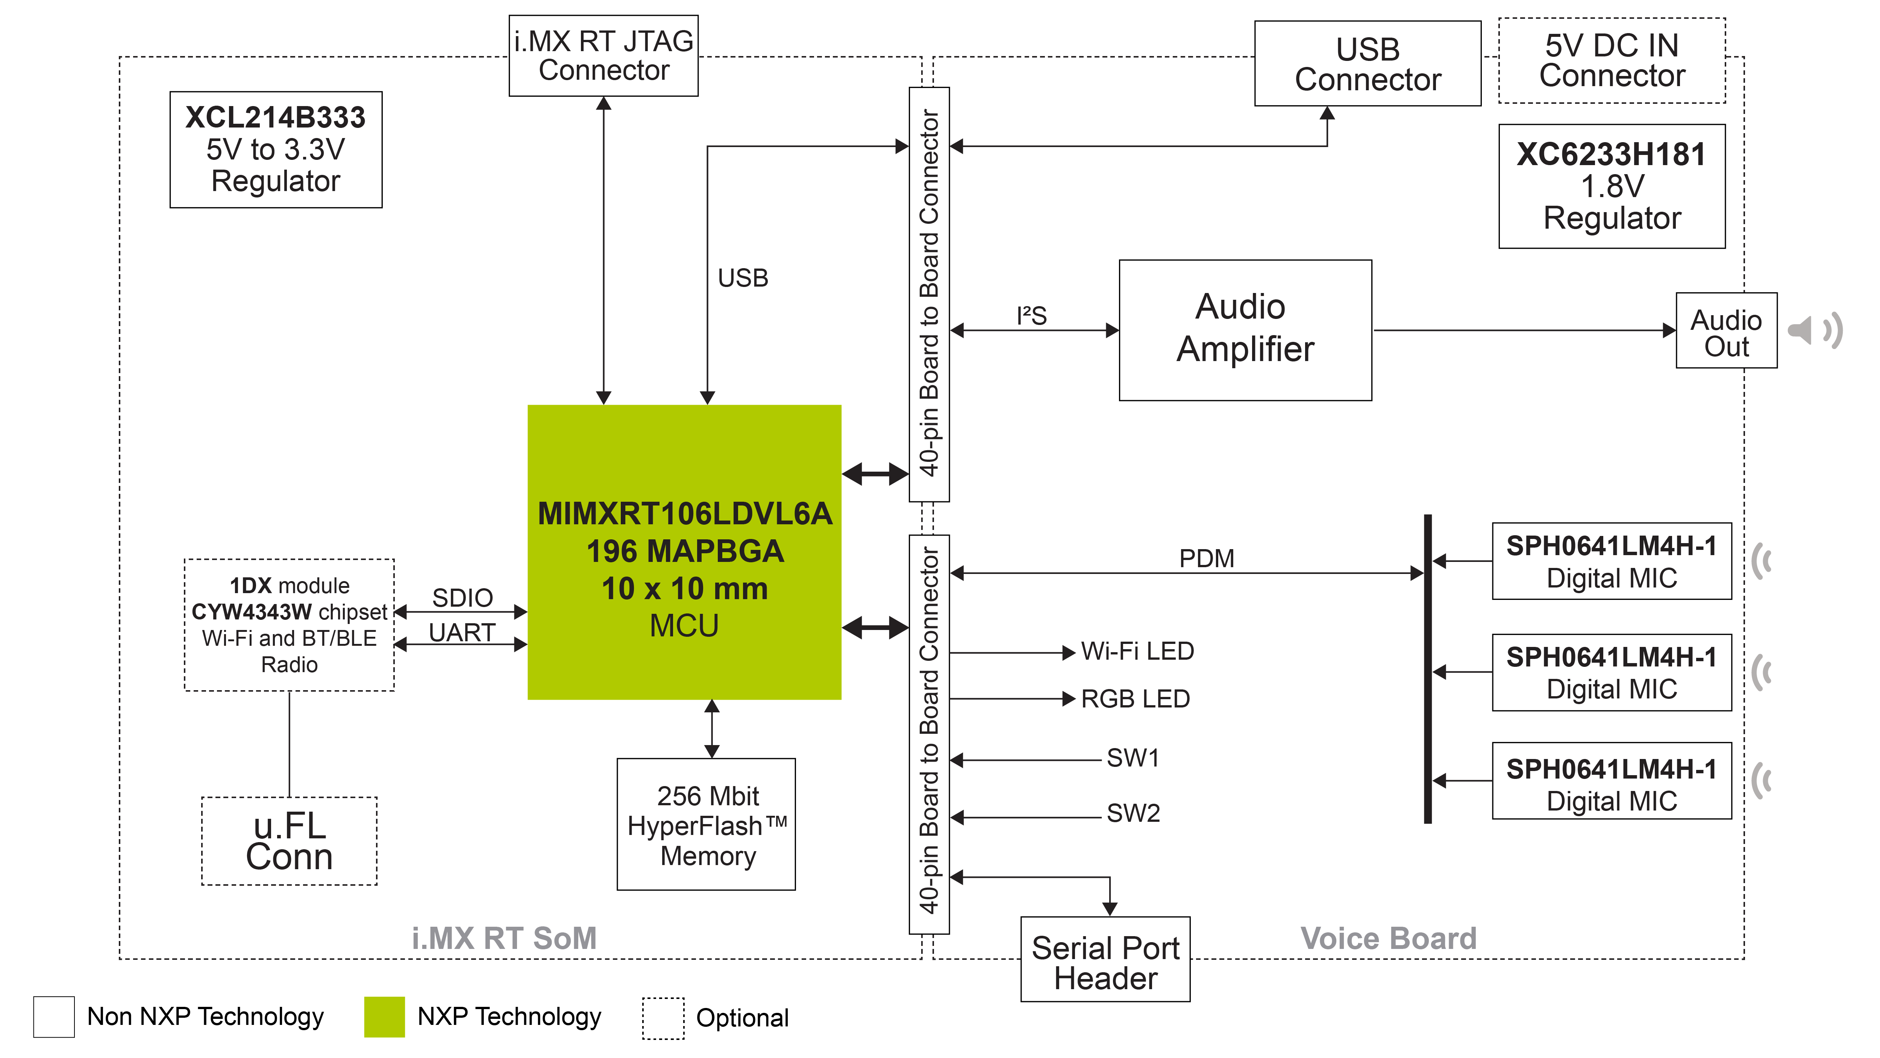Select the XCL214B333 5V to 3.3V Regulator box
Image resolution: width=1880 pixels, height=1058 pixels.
click(276, 150)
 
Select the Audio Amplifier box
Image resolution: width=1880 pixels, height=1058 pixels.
click(1245, 329)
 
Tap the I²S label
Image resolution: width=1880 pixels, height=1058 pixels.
click(1031, 316)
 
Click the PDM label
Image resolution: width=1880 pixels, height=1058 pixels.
click(1206, 559)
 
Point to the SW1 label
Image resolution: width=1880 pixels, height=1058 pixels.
click(1133, 758)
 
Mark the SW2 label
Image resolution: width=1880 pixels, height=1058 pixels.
click(1133, 813)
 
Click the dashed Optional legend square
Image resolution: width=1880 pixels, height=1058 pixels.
click(663, 1018)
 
